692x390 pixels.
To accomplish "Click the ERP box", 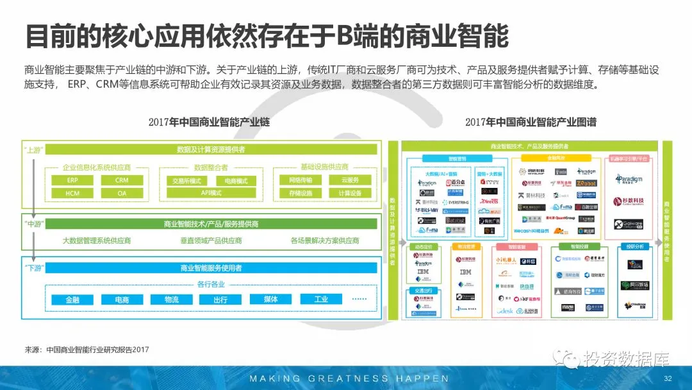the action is click(72, 180).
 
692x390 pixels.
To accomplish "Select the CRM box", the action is click(122, 180).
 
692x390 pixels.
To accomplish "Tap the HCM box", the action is click(72, 193).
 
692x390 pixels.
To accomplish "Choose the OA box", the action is click(122, 193).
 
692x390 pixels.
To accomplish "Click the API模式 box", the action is click(211, 192).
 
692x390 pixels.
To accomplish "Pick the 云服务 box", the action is click(350, 180).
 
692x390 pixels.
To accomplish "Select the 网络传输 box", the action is click(301, 180).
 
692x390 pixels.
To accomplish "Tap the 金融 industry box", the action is click(72, 300).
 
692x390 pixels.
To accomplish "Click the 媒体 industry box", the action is click(270, 300).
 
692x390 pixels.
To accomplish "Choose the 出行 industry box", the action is click(220, 300).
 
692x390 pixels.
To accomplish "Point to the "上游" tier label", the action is click(33, 149).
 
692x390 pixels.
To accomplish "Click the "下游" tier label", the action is click(33, 267).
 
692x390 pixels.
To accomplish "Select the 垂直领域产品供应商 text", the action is click(211, 241).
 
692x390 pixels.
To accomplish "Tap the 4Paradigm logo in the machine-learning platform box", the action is click(623, 179).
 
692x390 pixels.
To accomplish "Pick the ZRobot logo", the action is click(586, 183).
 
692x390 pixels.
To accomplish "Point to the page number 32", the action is click(668, 378).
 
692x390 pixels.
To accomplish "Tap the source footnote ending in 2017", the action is click(86, 350).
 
